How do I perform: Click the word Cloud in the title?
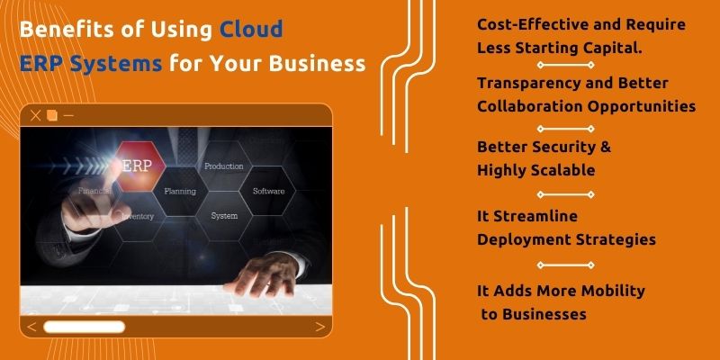(251, 29)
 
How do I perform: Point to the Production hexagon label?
(224, 166)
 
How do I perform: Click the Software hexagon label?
(268, 191)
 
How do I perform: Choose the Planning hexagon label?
(179, 191)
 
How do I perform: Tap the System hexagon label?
(224, 216)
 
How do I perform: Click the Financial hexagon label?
(94, 192)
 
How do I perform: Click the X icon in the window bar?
(36, 116)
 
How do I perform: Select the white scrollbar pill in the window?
(85, 327)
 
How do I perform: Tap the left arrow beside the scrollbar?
(32, 327)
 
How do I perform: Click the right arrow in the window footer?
(319, 327)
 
